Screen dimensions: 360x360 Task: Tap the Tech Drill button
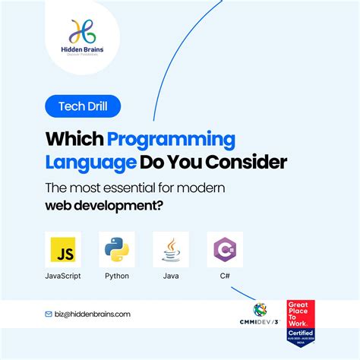point(82,106)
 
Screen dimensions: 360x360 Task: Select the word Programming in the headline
point(172,140)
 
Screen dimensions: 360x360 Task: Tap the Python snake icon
point(117,250)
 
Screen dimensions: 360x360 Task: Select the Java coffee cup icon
point(170,250)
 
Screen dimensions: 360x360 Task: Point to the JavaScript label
point(63,276)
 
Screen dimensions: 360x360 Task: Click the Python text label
point(117,276)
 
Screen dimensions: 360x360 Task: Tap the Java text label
point(170,276)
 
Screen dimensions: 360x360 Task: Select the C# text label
point(224,276)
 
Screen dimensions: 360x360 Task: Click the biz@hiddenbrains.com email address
point(93,314)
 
